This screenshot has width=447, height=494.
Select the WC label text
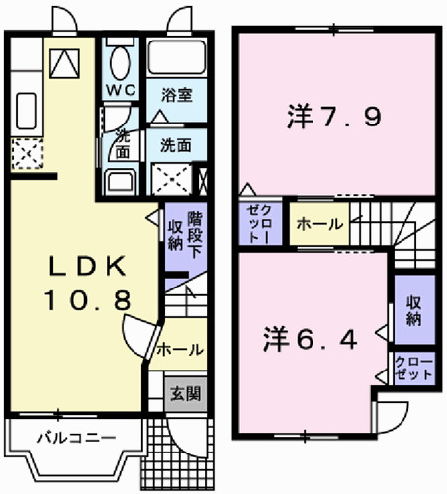[x=120, y=86]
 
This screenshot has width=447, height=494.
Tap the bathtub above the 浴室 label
[x=175, y=57]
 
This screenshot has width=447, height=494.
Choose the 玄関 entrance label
[x=184, y=392]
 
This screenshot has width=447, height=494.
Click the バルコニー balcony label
[x=63, y=437]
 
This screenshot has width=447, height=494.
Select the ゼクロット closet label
[x=259, y=223]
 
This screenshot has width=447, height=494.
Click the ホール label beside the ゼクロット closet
[x=318, y=223]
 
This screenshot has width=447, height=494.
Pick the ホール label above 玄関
[x=179, y=349]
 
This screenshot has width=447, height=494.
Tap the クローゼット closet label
[x=412, y=369]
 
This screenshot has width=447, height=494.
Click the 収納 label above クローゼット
[x=412, y=312]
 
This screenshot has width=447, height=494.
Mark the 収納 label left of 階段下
[x=174, y=235]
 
